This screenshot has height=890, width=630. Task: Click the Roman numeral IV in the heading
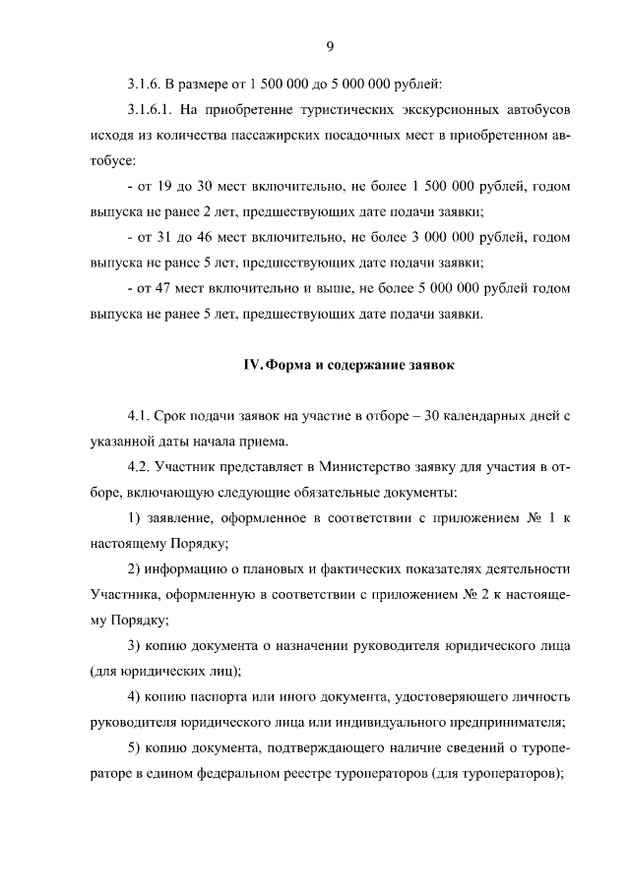click(252, 366)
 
